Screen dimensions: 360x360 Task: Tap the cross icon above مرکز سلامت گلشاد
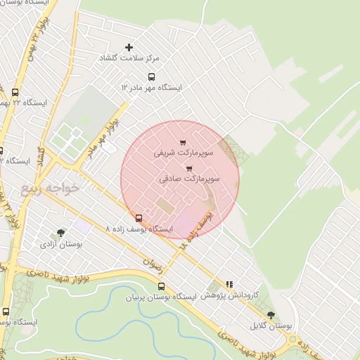128,47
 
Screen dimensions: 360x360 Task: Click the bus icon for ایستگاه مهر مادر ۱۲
150,77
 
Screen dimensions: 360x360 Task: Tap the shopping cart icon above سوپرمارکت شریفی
183,143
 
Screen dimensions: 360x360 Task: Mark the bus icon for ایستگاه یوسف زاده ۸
139,219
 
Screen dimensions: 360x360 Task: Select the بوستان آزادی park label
61,244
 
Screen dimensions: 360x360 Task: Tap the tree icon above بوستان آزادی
61,233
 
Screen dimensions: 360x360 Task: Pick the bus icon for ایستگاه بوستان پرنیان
162,286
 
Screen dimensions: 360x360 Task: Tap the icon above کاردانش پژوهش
229,284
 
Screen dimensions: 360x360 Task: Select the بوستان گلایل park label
271,326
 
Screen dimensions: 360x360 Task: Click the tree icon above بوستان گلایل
271,316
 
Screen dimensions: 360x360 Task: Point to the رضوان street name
153,264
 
